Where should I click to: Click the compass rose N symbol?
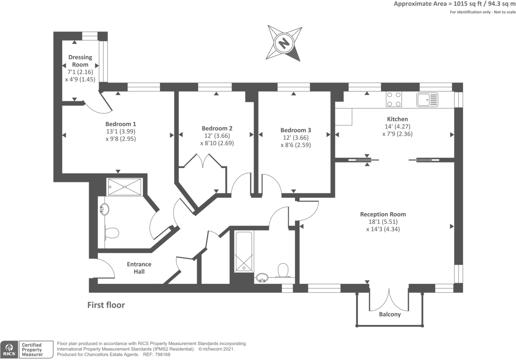pyautogui.click(x=284, y=43)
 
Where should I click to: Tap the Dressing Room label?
pyautogui.click(x=80, y=61)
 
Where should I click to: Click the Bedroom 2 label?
pyautogui.click(x=217, y=128)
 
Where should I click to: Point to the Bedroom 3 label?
pyautogui.click(x=295, y=130)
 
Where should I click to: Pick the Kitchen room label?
pyautogui.click(x=397, y=119)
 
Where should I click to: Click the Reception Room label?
pyautogui.click(x=383, y=214)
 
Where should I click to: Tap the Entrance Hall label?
pyautogui.click(x=139, y=268)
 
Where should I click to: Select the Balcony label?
pyautogui.click(x=390, y=314)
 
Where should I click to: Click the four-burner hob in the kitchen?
pyautogui.click(x=394, y=99)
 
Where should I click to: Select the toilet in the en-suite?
pyautogui.click(x=112, y=233)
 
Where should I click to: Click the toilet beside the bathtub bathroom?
pyautogui.click(x=283, y=270)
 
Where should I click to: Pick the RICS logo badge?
pyautogui.click(x=9, y=349)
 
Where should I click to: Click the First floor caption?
pyautogui.click(x=106, y=305)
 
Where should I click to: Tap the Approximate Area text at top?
pyautogui.click(x=454, y=4)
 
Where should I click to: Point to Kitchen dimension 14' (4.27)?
pyautogui.click(x=397, y=127)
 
